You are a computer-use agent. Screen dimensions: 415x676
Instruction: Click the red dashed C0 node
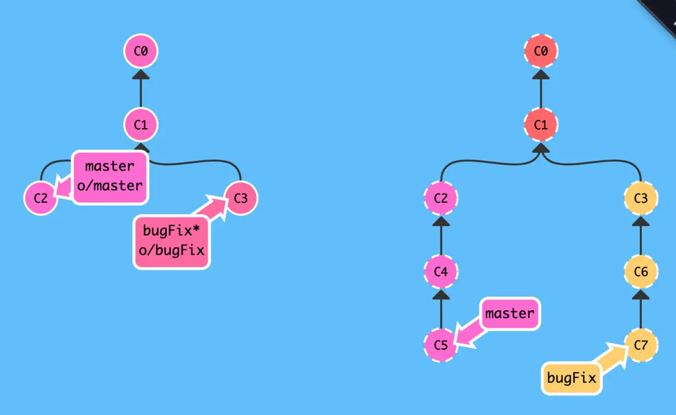tap(540, 52)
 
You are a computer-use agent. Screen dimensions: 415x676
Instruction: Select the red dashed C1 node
tap(540, 125)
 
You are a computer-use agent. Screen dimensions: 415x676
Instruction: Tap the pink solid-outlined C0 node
tap(141, 52)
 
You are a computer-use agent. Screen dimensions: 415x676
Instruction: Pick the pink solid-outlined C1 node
tap(141, 125)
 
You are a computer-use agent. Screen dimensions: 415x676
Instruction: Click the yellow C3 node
tap(641, 198)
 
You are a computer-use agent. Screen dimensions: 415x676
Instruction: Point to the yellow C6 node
tap(641, 271)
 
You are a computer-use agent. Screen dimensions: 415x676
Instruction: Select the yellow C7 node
tap(641, 345)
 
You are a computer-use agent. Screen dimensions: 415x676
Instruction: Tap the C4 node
tap(440, 271)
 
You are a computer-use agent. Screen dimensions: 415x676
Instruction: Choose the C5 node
tap(440, 345)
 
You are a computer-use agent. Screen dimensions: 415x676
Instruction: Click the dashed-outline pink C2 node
tap(440, 198)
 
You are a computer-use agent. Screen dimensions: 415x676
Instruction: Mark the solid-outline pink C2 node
tap(41, 198)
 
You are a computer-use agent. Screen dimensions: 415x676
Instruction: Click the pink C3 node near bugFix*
tap(240, 198)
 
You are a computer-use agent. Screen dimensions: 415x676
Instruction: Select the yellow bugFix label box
tap(571, 378)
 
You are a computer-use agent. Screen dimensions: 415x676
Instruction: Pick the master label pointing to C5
tap(510, 314)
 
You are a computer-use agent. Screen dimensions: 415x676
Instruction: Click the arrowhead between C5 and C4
tap(440, 294)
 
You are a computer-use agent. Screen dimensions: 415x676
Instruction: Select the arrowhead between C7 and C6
tap(641, 294)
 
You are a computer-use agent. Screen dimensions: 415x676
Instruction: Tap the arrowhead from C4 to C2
tap(440, 221)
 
